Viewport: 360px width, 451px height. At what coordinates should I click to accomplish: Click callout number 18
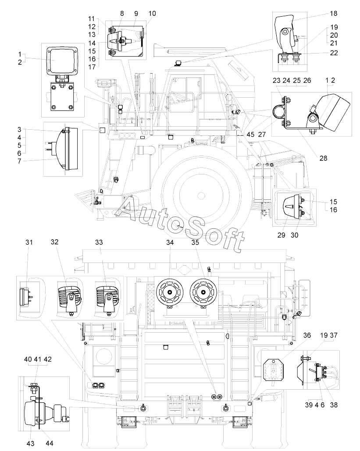tap(334, 14)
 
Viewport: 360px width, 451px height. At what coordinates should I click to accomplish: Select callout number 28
tap(323, 158)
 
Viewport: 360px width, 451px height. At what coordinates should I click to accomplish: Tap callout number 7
tap(19, 161)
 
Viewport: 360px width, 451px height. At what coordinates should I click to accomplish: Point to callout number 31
tap(29, 242)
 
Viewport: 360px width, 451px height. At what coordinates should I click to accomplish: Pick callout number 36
tap(307, 335)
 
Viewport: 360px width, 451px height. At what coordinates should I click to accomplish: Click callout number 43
tap(30, 443)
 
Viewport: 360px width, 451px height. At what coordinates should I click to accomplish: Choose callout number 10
tap(152, 14)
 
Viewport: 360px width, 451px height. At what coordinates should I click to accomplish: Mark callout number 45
tap(250, 134)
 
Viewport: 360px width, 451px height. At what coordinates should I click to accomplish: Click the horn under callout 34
tap(170, 292)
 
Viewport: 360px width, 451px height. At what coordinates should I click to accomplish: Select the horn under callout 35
tap(203, 292)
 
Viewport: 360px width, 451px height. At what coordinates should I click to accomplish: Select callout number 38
tap(334, 405)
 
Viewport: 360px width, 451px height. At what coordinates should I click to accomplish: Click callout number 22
tap(334, 53)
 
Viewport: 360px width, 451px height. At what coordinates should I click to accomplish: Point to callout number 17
tap(92, 67)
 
